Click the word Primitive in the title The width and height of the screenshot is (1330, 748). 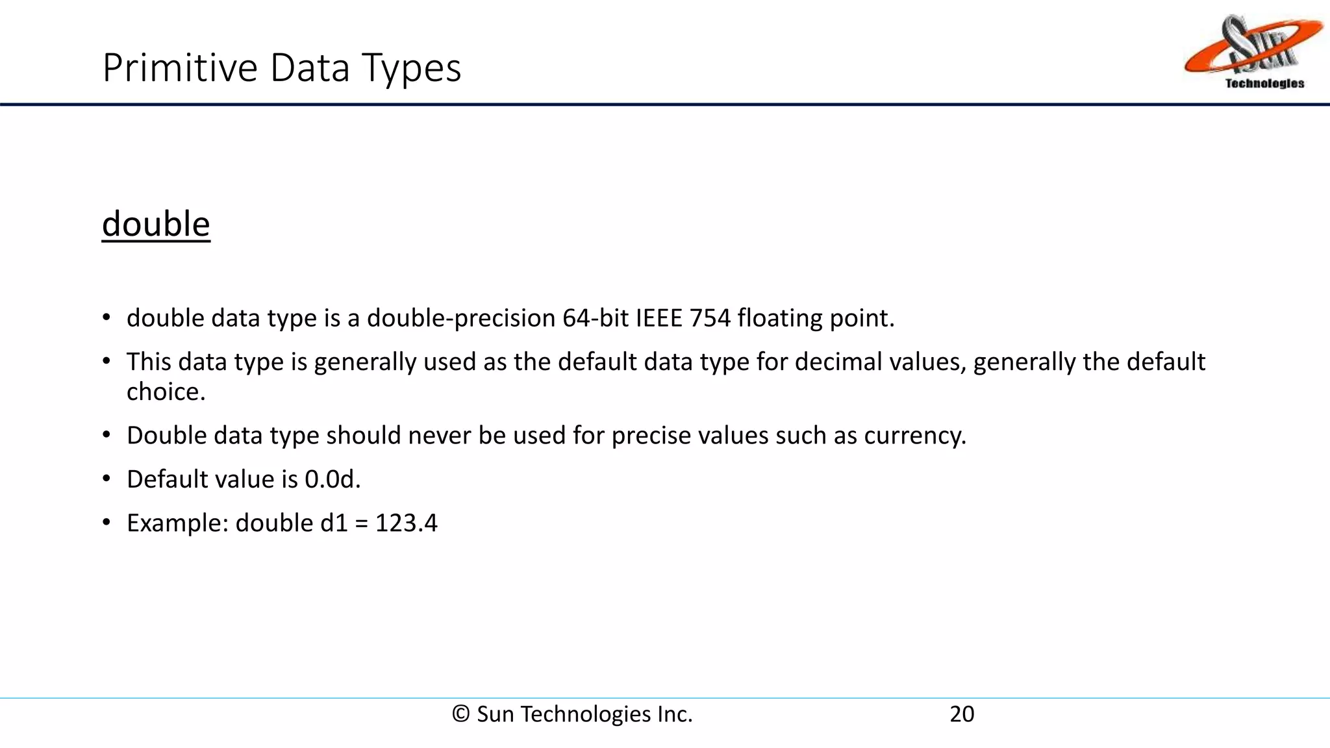tap(181, 68)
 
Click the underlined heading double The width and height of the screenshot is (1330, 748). tap(156, 224)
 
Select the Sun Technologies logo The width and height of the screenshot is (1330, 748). tap(1253, 52)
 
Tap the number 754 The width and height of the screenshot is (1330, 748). tap(710, 318)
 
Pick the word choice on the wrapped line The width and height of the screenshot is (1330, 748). tap(166, 392)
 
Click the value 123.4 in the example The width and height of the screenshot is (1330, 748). tap(407, 523)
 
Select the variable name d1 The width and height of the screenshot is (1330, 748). tap(334, 523)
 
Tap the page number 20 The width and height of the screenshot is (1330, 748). tap(962, 714)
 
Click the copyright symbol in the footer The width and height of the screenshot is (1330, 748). tap(461, 714)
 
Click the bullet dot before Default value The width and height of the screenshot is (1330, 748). tap(107, 479)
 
